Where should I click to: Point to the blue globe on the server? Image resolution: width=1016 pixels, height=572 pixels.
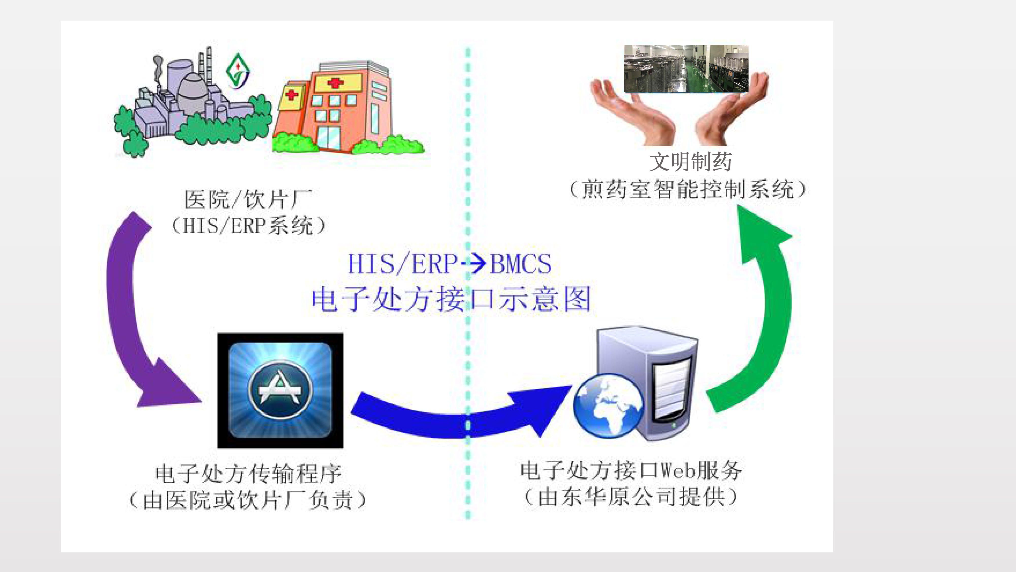pos(608,406)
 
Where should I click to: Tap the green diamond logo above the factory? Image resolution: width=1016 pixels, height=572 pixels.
pos(237,71)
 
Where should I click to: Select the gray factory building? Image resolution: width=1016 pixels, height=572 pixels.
pos(185,99)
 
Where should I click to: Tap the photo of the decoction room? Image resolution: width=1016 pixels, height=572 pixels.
pos(686,69)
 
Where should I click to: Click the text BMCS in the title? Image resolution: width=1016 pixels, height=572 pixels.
pos(521,264)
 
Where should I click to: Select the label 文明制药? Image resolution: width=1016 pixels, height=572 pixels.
pos(690,162)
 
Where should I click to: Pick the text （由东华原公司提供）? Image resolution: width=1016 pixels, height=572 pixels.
pos(631,496)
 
